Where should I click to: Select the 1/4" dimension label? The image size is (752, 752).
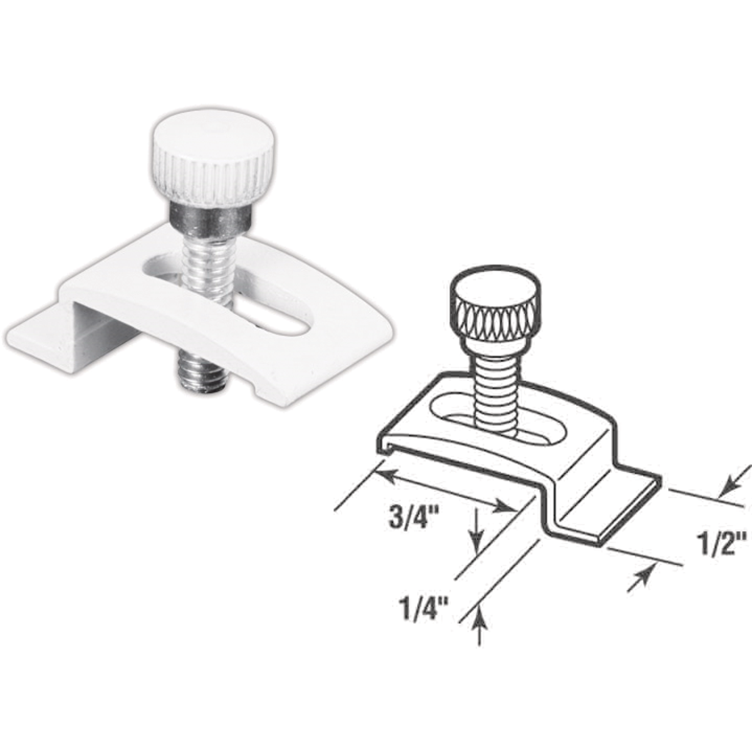click(422, 608)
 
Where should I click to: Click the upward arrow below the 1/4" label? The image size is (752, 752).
click(480, 620)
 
